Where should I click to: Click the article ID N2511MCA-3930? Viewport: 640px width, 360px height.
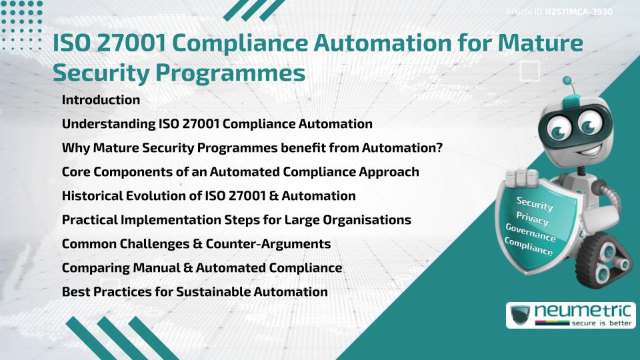coord(579,11)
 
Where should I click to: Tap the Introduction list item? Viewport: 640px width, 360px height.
coord(101,100)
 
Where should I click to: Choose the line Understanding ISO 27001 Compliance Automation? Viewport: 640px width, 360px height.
coord(217,124)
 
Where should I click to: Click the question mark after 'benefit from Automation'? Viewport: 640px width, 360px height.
coord(439,147)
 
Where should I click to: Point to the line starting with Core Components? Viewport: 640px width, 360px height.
coord(240,172)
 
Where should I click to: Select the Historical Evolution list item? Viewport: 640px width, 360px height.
coord(208,196)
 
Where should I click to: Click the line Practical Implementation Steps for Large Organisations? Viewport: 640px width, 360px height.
coord(236,220)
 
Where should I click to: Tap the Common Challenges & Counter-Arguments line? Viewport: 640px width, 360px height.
coord(196,244)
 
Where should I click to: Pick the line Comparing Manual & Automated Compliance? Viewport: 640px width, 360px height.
coord(201,268)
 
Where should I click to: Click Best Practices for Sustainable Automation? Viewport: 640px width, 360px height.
coord(195,292)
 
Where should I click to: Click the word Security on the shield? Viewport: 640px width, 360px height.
coord(535,204)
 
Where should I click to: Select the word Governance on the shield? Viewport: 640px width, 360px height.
coord(531,232)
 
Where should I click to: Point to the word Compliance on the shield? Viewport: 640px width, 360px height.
coord(529,247)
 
